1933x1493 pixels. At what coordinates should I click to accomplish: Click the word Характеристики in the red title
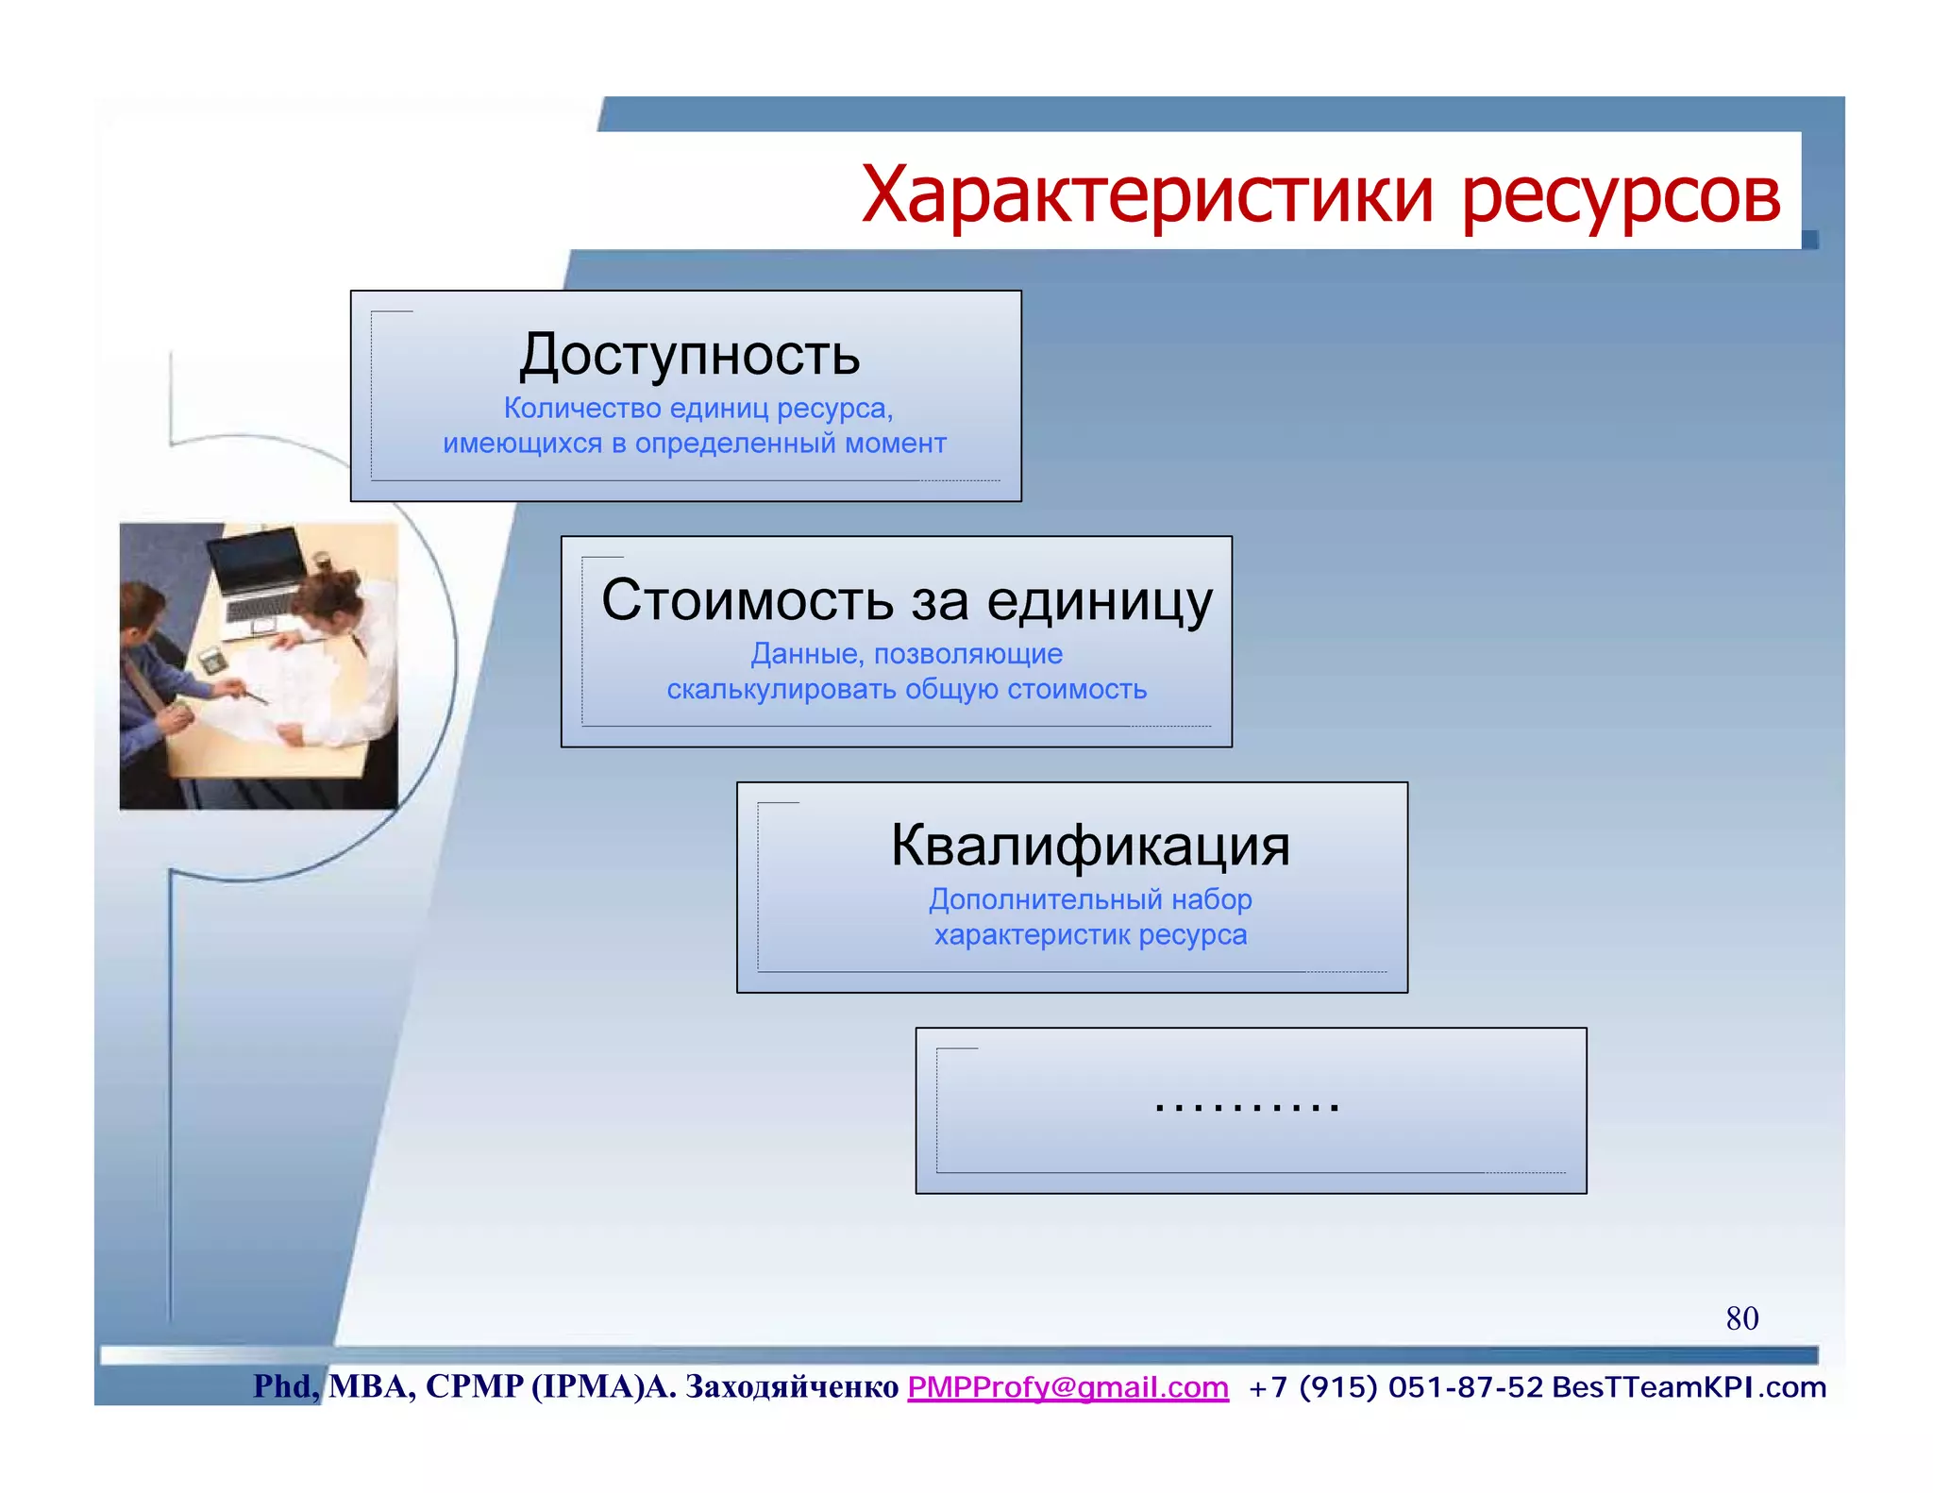1147,195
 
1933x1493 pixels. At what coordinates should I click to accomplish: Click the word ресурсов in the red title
1621,195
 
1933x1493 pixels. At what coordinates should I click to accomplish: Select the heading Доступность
689,355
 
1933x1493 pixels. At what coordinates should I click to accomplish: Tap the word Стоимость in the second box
747,600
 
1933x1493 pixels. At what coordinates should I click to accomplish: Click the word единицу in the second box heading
1099,600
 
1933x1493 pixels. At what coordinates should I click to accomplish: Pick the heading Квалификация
1090,846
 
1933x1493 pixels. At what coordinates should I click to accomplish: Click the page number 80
1741,1318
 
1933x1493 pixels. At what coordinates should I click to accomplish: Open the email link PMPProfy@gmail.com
1067,1387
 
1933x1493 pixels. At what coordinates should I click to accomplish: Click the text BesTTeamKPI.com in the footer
1689,1387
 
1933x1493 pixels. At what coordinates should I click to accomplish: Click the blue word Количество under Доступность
581,409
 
